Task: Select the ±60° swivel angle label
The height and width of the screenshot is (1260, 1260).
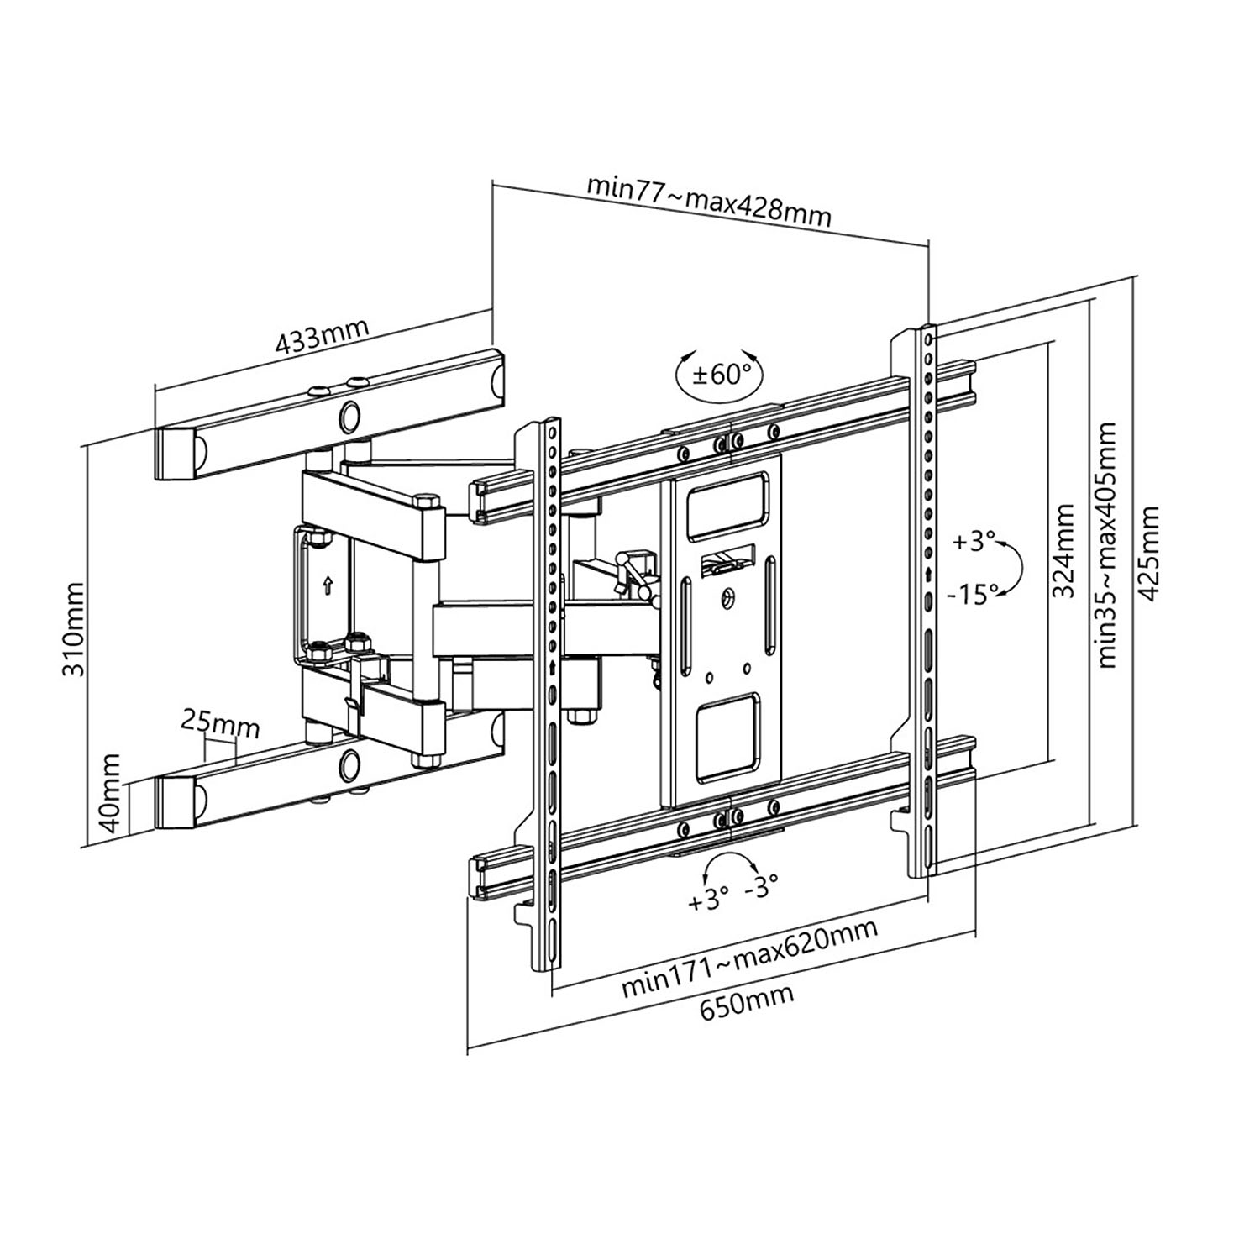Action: pyautogui.click(x=719, y=374)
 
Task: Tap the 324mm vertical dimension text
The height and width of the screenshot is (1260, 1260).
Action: pyautogui.click(x=1064, y=549)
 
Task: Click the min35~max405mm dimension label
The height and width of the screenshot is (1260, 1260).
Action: pyautogui.click(x=1107, y=546)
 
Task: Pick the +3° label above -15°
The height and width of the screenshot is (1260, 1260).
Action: pyautogui.click(x=974, y=541)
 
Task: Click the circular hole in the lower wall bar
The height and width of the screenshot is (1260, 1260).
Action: pyautogui.click(x=350, y=764)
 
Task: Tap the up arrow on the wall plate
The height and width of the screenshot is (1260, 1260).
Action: pyautogui.click(x=326, y=584)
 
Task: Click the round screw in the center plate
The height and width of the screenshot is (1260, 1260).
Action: pyautogui.click(x=728, y=597)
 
